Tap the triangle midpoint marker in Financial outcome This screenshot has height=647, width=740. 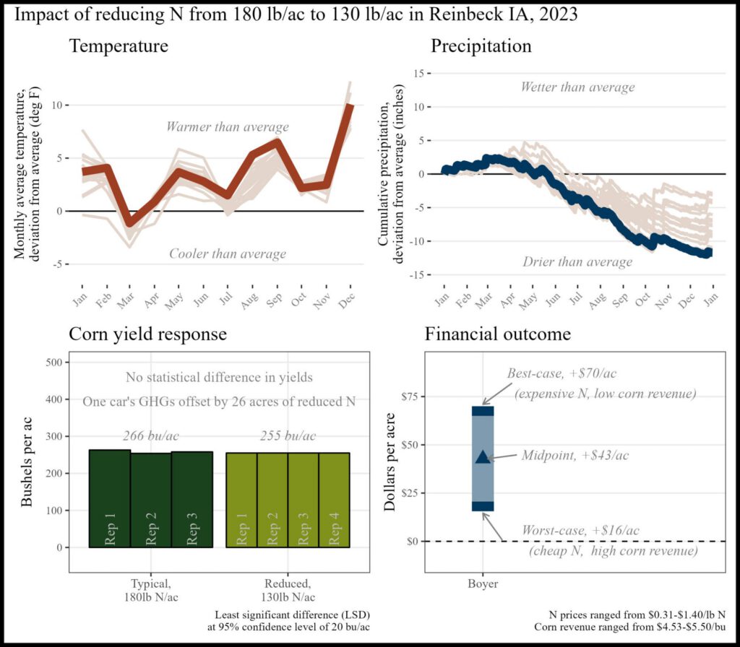point(483,456)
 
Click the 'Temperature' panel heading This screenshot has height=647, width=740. point(119,47)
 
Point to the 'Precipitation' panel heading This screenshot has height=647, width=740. point(481,47)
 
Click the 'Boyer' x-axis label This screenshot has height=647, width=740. point(483,583)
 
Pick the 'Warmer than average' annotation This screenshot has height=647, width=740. point(228,127)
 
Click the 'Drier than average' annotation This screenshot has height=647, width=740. point(577,261)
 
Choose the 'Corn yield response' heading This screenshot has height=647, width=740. point(148,334)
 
